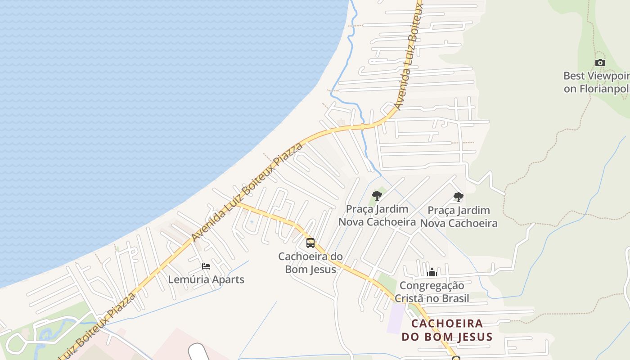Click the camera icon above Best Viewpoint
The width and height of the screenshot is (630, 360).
[600, 63]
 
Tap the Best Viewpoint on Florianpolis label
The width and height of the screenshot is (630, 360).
[596, 82]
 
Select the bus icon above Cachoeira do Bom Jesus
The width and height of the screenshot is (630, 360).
[310, 243]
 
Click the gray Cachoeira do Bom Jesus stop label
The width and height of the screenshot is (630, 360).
[310, 263]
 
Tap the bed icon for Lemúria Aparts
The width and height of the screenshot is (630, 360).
[206, 267]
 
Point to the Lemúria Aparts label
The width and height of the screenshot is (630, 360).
[206, 279]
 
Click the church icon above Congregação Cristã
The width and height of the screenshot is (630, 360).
[432, 272]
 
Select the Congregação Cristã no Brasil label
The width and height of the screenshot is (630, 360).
[432, 292]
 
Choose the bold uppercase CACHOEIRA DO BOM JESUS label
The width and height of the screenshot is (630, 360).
[447, 330]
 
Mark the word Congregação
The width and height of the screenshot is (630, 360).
[432, 285]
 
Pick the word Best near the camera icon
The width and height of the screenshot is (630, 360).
[573, 76]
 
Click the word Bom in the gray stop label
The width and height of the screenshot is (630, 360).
[295, 270]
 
